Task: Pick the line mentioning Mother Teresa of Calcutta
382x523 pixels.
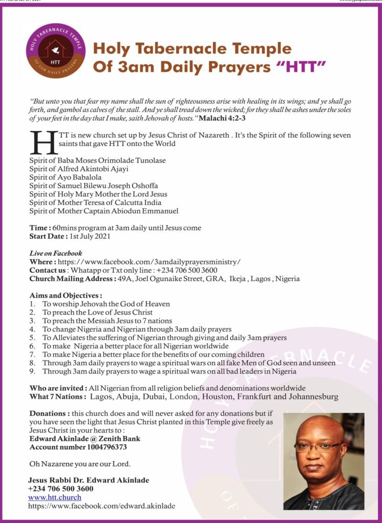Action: coord(96,203)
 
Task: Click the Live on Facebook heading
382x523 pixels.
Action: coord(56,253)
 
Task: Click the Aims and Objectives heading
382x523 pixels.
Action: coord(66,295)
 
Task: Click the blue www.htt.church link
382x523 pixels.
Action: coord(51,497)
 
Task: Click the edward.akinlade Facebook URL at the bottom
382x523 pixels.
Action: coord(102,506)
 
